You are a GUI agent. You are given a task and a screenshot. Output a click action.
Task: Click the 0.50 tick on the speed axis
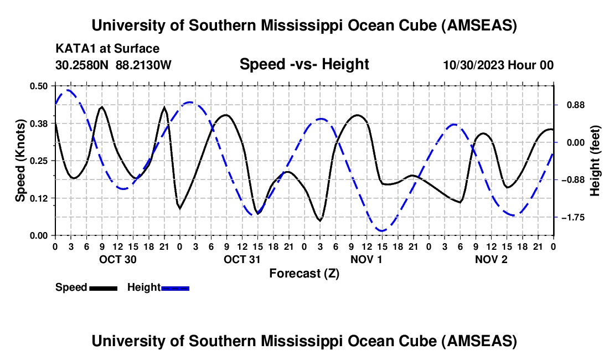point(39,86)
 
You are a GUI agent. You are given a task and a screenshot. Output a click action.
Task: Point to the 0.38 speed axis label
point(39,123)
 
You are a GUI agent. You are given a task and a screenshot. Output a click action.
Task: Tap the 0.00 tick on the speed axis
point(39,235)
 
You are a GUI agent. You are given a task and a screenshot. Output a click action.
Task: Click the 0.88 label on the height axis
point(570,105)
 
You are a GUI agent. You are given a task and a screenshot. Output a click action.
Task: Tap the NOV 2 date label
point(491,259)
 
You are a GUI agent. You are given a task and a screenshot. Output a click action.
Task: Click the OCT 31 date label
point(242,259)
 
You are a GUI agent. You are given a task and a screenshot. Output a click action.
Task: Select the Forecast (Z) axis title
point(304,273)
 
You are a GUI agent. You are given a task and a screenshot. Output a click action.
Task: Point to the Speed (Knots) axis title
point(20,161)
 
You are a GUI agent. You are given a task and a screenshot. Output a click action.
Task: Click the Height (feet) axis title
point(595,161)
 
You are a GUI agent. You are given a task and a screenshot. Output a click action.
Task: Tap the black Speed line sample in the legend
point(103,288)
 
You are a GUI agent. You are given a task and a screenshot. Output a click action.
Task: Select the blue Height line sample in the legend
point(175,288)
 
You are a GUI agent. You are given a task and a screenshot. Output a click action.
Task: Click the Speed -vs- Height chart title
point(304,64)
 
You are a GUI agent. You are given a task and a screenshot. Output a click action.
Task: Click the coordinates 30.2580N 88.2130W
point(113,65)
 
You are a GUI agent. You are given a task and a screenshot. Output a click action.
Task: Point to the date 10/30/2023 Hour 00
point(498,65)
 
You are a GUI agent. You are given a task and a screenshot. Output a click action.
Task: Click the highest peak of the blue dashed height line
point(68,90)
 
